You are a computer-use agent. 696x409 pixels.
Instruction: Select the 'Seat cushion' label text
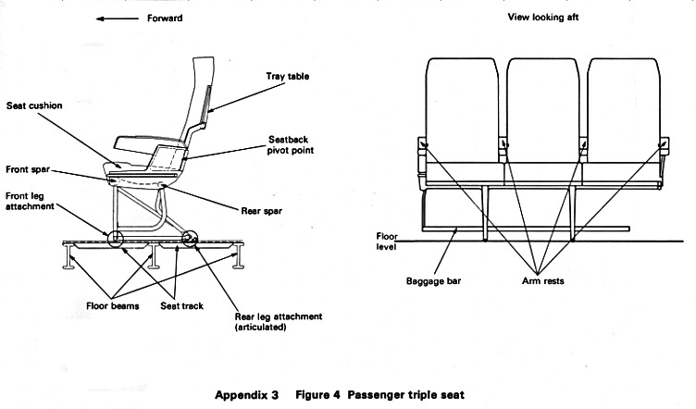point(33,105)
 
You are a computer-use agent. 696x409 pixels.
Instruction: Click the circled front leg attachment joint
point(115,239)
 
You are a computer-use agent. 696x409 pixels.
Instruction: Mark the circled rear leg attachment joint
point(191,240)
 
